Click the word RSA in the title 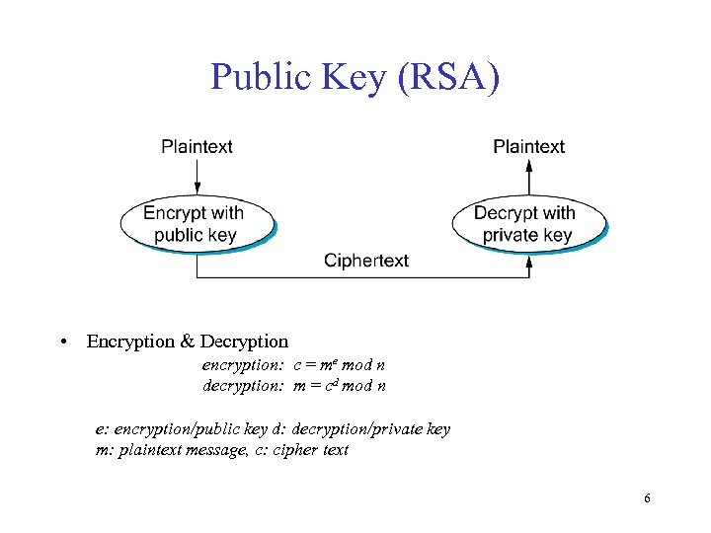tap(445, 78)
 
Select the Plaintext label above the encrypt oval tap(197, 147)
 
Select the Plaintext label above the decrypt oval tap(529, 147)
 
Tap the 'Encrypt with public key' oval tap(196, 224)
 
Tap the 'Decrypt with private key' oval tap(527, 224)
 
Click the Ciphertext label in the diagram tap(366, 261)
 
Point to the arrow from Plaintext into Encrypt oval tap(197, 178)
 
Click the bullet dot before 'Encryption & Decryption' tap(62, 343)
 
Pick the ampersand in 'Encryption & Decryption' tap(188, 343)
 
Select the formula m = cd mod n tap(340, 386)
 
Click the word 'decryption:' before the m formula tap(244, 386)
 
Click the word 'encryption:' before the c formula tap(244, 366)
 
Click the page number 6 tap(647, 498)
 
